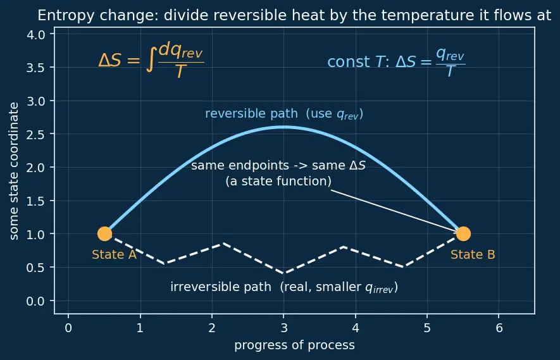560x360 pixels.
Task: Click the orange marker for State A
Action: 104,233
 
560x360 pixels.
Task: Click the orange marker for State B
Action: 463,233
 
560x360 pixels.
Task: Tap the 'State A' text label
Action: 115,254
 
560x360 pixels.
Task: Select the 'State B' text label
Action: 473,254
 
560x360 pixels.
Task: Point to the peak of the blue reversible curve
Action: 284,127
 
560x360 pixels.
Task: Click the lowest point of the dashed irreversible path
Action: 284,273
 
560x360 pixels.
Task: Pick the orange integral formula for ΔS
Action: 151,60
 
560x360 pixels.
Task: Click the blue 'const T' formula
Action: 396,62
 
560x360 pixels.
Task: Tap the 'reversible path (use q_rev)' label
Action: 284,114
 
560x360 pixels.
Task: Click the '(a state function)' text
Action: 278,182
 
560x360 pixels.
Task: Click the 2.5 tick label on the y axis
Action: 35,134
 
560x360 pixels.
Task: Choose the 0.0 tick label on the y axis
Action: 35,301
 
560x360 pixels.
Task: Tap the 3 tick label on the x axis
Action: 284,328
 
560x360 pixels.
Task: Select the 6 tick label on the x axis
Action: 499,328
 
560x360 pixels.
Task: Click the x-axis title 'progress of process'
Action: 295,345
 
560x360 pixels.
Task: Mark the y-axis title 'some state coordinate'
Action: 13,171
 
